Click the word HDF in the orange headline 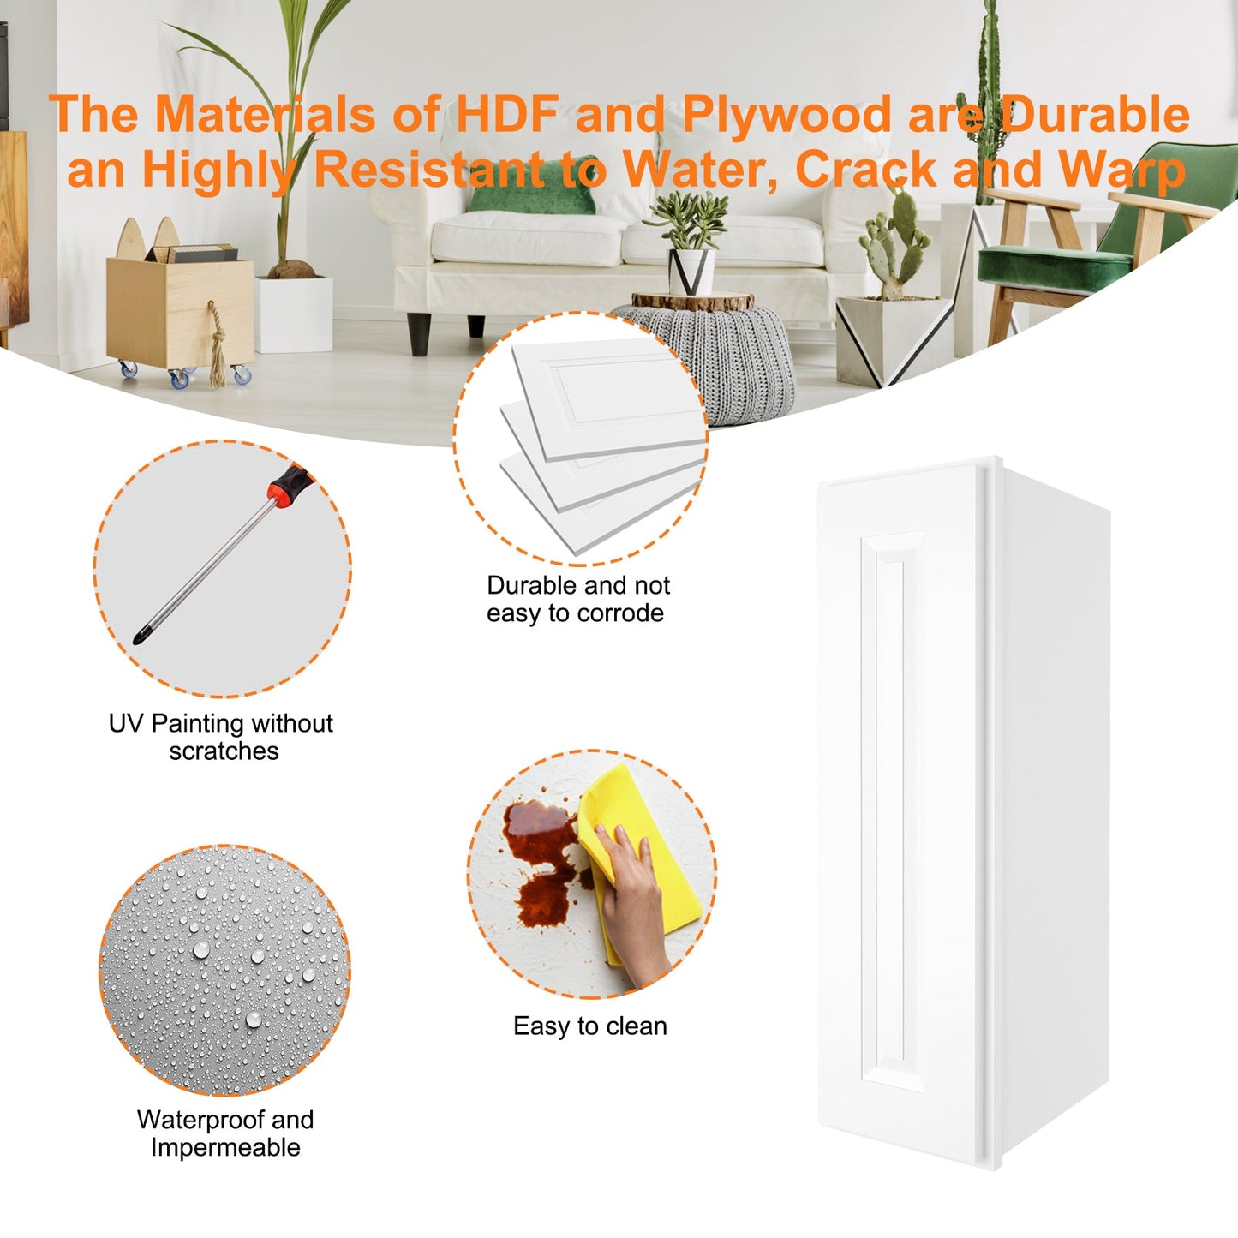(x=507, y=114)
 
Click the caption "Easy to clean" (x=589, y=1026)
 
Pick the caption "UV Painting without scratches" (x=221, y=736)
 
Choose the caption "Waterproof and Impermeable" (x=224, y=1133)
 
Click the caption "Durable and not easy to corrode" (x=577, y=599)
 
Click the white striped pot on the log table (x=691, y=271)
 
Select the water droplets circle (x=224, y=970)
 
